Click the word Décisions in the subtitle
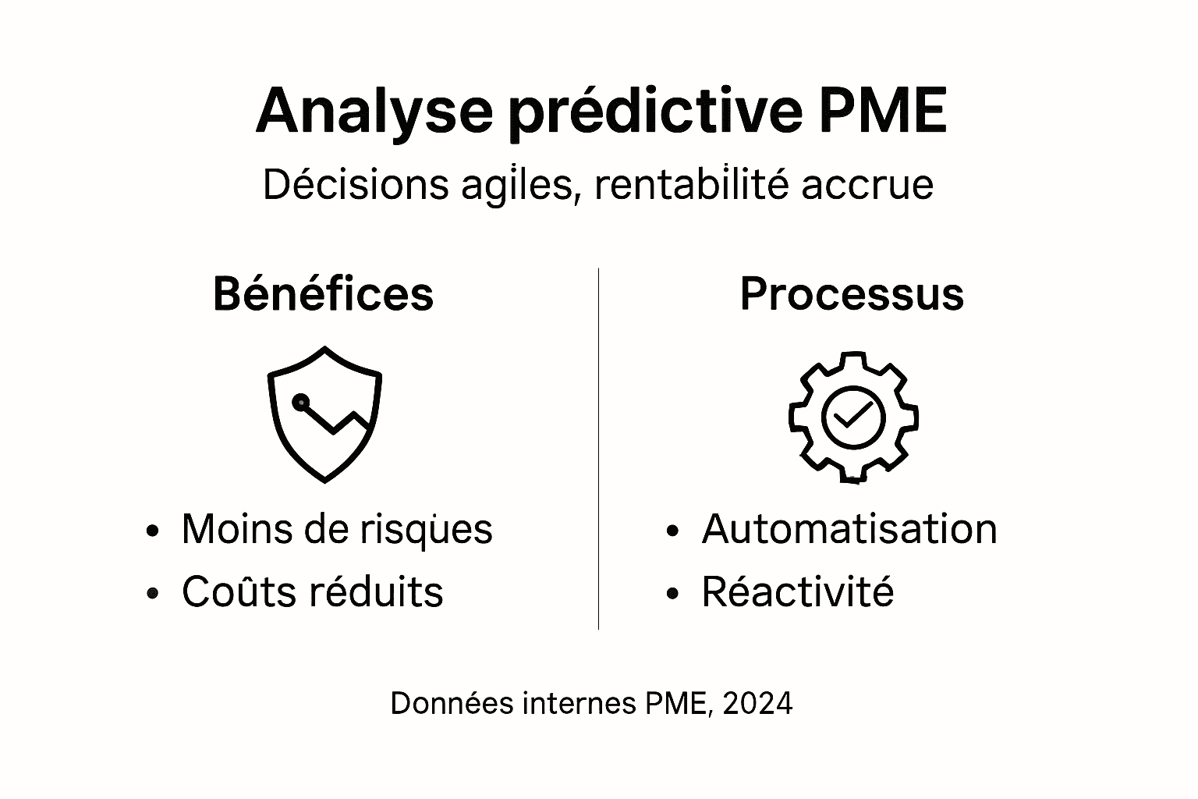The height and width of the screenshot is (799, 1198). (356, 185)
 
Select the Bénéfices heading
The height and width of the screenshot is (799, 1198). (323, 294)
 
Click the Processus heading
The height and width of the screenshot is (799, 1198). (852, 294)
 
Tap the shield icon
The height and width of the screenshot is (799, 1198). (324, 414)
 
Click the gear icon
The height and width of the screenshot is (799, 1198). (853, 417)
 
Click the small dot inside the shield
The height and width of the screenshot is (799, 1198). (300, 403)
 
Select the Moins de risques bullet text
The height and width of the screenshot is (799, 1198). (337, 529)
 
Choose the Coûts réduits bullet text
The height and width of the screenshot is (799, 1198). (312, 591)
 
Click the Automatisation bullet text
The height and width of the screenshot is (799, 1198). (849, 529)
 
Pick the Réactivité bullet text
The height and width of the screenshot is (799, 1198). (797, 591)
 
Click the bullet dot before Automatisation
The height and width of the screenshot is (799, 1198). (673, 531)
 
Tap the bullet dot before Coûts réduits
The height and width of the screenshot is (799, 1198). (153, 594)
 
